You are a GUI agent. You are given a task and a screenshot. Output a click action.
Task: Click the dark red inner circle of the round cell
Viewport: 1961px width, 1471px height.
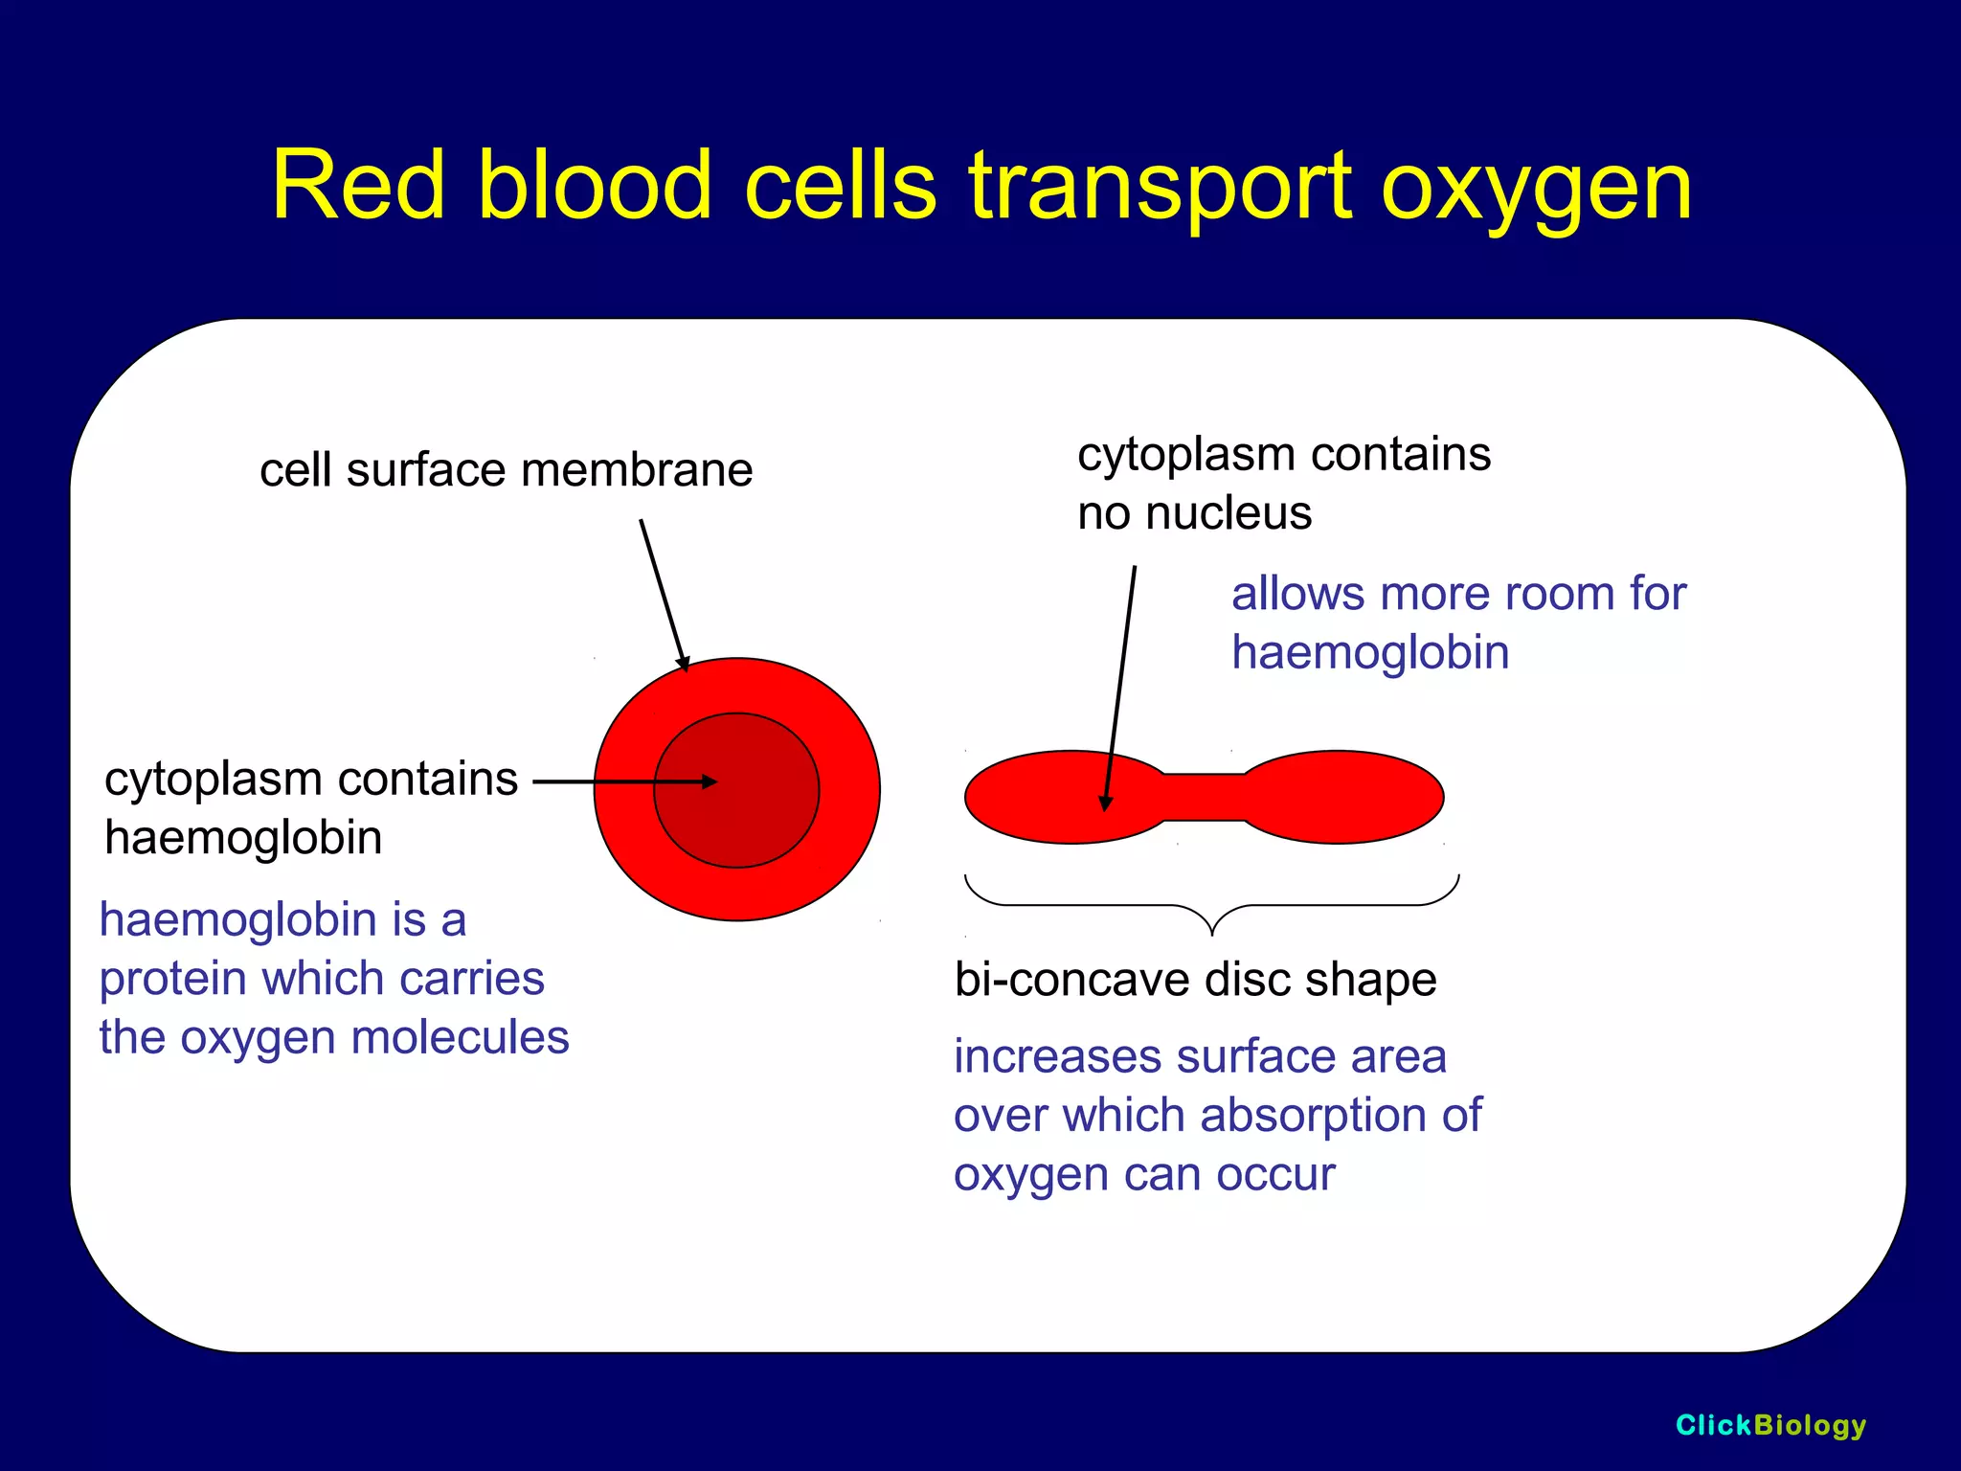(x=756, y=824)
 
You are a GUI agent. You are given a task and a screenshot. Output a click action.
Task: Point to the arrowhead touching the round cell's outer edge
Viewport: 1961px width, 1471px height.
(x=685, y=664)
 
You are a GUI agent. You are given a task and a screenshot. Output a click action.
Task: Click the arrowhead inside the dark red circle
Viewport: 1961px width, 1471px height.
(x=710, y=781)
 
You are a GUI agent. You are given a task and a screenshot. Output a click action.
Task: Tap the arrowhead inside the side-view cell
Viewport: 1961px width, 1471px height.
(x=1106, y=803)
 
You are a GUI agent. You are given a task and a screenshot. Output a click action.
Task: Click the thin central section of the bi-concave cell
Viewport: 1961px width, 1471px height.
(x=1204, y=797)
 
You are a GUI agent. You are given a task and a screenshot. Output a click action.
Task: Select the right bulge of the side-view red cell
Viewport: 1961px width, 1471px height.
(x=1341, y=797)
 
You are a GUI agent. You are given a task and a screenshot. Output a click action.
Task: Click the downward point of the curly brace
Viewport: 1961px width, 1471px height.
(x=1212, y=930)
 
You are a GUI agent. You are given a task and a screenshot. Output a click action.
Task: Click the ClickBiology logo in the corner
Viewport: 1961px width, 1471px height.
(x=1769, y=1425)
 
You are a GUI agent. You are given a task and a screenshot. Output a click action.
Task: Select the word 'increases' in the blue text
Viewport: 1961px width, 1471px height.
(x=1057, y=1057)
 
